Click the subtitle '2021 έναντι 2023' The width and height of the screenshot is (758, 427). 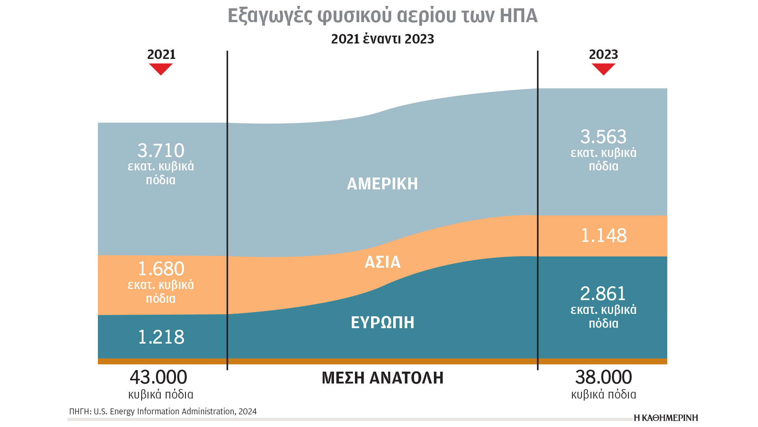click(382, 39)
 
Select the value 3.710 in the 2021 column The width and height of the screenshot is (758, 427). click(161, 151)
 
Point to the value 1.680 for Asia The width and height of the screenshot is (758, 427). click(161, 269)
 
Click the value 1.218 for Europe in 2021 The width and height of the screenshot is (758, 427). click(161, 337)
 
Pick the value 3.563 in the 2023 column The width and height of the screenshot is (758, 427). click(603, 137)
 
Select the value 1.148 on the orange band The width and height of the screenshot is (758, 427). click(603, 236)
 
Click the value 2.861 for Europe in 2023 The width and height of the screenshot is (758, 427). click(603, 294)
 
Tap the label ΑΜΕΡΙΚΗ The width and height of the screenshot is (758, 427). click(382, 184)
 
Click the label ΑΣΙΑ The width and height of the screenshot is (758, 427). click(382, 262)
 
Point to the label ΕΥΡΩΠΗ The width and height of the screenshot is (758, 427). click(382, 323)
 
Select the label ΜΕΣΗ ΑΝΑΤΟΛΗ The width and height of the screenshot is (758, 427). click(382, 378)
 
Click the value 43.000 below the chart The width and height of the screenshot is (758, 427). click(158, 377)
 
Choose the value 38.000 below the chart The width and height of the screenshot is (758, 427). click(603, 377)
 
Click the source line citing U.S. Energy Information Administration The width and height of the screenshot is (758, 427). click(163, 412)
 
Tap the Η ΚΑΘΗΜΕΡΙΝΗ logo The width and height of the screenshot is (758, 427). click(666, 418)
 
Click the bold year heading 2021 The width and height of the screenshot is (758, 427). click(161, 55)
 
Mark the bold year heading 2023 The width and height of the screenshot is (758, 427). click(603, 55)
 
